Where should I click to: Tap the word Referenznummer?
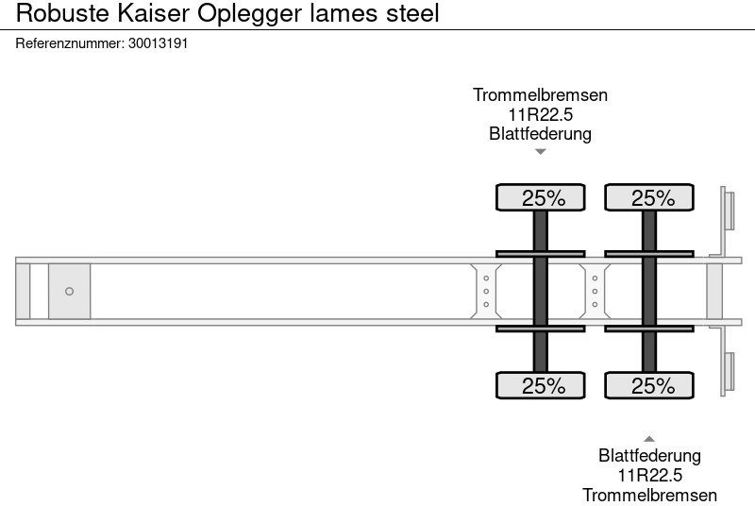[69, 43]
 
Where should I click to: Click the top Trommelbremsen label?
[540, 95]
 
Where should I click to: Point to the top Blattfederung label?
[540, 133]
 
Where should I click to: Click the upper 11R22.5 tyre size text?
[540, 114]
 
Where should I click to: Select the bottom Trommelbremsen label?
[649, 495]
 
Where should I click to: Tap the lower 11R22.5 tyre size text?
[649, 475]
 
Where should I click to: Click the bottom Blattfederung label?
[649, 456]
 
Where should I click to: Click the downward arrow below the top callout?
[540, 152]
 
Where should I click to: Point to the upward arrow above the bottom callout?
[649, 438]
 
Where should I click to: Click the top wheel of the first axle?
[541, 197]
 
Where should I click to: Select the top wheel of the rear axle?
[649, 197]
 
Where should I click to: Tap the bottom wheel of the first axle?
[541, 385]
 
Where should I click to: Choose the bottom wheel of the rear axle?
[649, 385]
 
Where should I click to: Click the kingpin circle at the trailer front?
[69, 292]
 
